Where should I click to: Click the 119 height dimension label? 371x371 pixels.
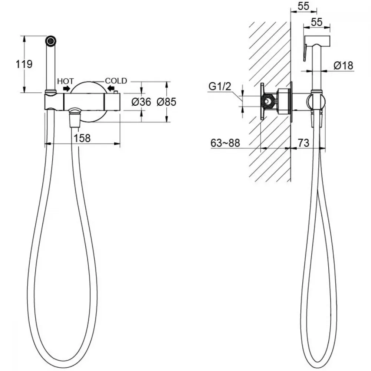(24, 64)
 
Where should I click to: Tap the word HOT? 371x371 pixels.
(66, 81)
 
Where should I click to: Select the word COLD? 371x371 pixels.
(116, 81)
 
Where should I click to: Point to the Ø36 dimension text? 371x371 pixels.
(141, 102)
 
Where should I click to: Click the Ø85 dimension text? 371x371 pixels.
(167, 102)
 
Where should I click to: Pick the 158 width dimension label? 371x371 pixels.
(82, 138)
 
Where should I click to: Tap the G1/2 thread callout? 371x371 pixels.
(220, 86)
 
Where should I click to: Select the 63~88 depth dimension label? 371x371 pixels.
(225, 143)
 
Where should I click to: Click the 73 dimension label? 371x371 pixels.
(303, 143)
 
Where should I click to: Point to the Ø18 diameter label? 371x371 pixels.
(343, 66)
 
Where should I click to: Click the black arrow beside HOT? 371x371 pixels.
(66, 89)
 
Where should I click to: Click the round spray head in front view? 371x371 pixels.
(51, 41)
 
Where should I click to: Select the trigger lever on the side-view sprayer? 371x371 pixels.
(305, 53)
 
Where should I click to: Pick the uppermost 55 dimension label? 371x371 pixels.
(303, 6)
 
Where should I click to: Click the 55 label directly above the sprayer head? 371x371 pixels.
(316, 22)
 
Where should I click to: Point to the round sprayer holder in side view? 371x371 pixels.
(316, 102)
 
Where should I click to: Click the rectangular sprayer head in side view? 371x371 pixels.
(317, 41)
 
